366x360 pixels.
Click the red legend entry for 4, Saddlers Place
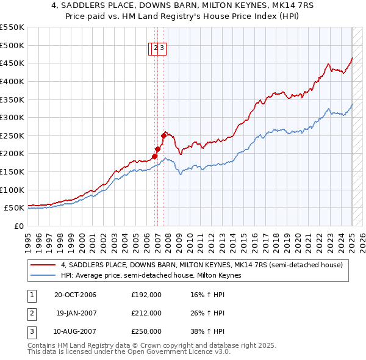[x=202, y=265]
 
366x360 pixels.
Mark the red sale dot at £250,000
[x=164, y=135]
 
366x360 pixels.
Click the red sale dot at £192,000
[x=155, y=156]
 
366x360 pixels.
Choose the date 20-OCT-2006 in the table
[x=75, y=295]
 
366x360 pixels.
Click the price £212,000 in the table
[x=146, y=313]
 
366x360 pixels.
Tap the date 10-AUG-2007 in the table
[x=75, y=331]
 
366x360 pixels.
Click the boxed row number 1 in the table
[x=31, y=295]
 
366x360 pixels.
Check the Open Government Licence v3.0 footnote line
[x=129, y=352]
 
